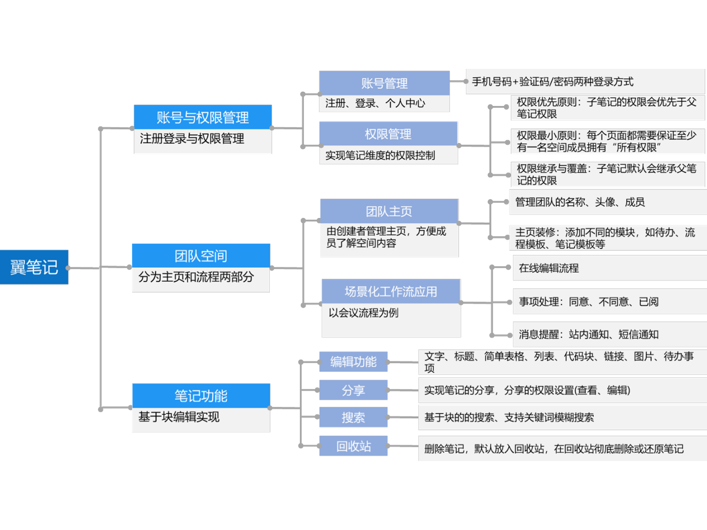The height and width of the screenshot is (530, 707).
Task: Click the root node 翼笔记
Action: click(x=34, y=267)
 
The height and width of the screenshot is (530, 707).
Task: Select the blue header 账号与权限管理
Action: click(x=203, y=117)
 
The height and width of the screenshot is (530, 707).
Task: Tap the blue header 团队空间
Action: click(x=201, y=256)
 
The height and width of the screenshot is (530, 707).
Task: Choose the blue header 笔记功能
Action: click(x=201, y=395)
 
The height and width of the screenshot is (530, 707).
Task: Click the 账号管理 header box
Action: click(x=384, y=84)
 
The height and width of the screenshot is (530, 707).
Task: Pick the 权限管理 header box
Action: click(x=388, y=134)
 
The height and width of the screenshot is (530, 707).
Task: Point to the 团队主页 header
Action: click(x=389, y=211)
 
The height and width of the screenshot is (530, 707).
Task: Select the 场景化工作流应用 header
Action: click(x=391, y=291)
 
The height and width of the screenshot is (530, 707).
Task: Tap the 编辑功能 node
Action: click(x=353, y=362)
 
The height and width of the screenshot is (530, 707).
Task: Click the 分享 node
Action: click(x=353, y=390)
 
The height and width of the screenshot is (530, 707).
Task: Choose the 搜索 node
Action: click(x=353, y=418)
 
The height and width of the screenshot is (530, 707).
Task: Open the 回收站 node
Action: click(x=353, y=446)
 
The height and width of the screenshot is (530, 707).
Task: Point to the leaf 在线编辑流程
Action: click(x=549, y=268)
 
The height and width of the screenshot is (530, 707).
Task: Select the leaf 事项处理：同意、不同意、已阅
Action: click(x=589, y=302)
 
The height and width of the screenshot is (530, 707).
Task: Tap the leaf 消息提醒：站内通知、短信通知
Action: click(x=589, y=334)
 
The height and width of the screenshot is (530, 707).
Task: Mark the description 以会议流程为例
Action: click(x=364, y=313)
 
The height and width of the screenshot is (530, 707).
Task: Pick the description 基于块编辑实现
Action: click(x=179, y=417)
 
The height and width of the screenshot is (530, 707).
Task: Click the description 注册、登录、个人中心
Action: click(x=375, y=103)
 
